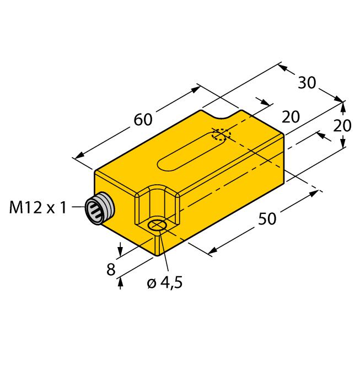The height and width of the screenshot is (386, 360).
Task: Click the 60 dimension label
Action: [143, 120]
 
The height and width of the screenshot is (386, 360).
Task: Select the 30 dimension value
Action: [307, 83]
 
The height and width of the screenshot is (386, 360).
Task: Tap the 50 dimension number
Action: [267, 218]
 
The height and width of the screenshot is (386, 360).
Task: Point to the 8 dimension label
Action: [111, 269]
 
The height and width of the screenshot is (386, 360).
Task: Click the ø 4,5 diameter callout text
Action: [165, 282]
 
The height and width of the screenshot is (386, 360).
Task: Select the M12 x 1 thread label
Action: [38, 207]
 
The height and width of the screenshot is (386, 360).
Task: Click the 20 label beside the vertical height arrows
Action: [342, 126]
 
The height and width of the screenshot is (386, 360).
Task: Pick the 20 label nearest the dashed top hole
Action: [291, 117]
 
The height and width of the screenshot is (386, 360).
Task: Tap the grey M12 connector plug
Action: [100, 208]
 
